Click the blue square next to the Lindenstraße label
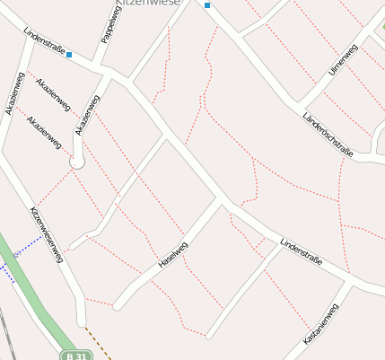(x=69, y=54)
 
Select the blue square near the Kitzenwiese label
(x=207, y=5)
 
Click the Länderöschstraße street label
(x=328, y=135)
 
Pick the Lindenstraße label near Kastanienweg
(x=300, y=255)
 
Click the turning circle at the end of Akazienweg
(x=76, y=162)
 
